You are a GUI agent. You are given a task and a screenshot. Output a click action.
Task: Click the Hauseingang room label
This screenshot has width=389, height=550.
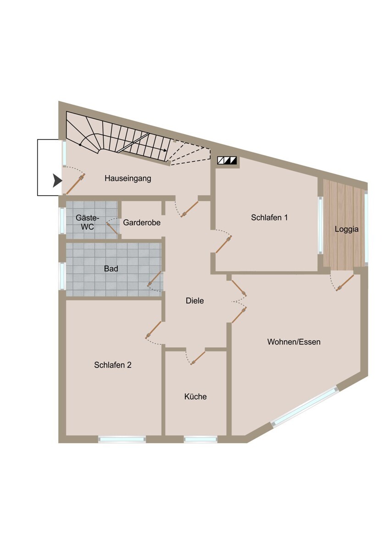[128, 178]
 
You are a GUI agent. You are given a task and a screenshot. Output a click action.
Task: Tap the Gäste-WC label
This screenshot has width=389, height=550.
[87, 222]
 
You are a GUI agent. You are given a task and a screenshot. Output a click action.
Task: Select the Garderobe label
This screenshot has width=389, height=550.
[142, 222]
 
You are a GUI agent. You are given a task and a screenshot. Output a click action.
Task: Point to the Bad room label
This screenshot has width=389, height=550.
[111, 269]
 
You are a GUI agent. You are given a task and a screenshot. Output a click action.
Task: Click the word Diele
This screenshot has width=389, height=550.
[194, 301]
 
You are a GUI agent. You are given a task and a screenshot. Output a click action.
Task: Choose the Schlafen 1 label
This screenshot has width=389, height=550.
[269, 218]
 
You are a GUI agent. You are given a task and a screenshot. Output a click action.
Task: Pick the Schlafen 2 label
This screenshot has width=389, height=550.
[113, 365]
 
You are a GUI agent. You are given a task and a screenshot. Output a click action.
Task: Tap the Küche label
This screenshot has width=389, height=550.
[195, 396]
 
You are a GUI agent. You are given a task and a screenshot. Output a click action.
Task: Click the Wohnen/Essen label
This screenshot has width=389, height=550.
[294, 342]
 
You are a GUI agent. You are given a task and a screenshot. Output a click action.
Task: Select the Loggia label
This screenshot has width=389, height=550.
[346, 229]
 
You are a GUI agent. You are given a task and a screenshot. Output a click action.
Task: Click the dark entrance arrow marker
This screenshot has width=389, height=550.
[57, 181]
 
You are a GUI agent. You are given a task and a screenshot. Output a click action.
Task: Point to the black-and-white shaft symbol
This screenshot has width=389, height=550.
[227, 160]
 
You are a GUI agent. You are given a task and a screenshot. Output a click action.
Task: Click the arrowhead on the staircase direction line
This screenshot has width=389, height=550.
[166, 150]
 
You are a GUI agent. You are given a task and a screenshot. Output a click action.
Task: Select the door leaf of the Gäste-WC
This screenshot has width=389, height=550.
[112, 228]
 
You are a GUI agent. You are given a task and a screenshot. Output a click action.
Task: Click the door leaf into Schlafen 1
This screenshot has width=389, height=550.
[223, 244]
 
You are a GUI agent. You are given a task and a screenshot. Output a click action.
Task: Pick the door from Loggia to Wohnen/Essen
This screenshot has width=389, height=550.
[345, 283]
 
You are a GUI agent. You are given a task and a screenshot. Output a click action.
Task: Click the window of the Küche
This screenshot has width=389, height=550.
[200, 439]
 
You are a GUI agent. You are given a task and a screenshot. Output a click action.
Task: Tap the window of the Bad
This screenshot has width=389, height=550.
[62, 276]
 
